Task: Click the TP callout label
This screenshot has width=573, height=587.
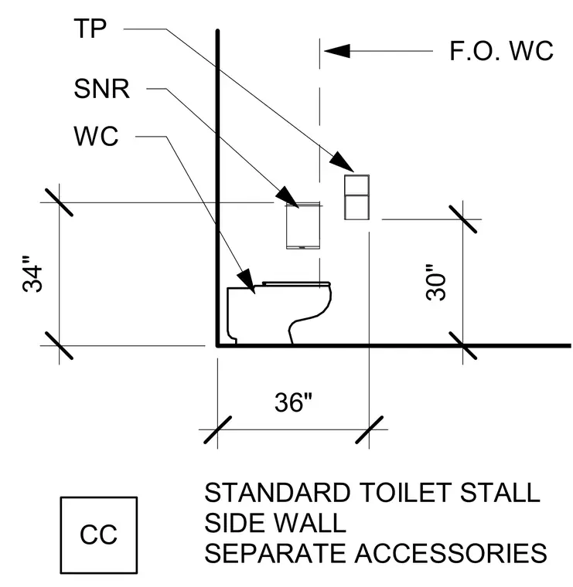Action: click(90, 29)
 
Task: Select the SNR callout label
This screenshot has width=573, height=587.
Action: click(101, 89)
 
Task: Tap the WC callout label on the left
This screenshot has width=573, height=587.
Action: click(96, 136)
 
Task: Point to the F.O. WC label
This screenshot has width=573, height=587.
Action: click(501, 51)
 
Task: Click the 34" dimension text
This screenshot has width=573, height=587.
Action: click(32, 274)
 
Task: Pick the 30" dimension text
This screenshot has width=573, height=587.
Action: click(436, 282)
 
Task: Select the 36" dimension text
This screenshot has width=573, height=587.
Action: click(293, 402)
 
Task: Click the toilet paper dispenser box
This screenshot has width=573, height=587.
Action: click(356, 197)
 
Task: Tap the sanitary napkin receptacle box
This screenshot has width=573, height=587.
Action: click(303, 226)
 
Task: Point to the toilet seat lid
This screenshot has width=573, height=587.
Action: click(296, 283)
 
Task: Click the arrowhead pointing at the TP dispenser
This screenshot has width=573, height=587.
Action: click(341, 161)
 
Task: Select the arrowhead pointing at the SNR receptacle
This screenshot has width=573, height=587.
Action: click(287, 197)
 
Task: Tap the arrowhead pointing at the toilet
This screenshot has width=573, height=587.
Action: click(246, 281)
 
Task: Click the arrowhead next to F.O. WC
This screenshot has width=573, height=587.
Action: click(337, 51)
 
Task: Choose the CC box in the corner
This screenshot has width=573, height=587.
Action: click(99, 535)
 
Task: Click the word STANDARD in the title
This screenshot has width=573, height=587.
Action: click(278, 492)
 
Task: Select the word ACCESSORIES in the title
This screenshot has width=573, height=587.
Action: click(451, 553)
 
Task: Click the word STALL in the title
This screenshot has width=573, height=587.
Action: click(500, 492)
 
